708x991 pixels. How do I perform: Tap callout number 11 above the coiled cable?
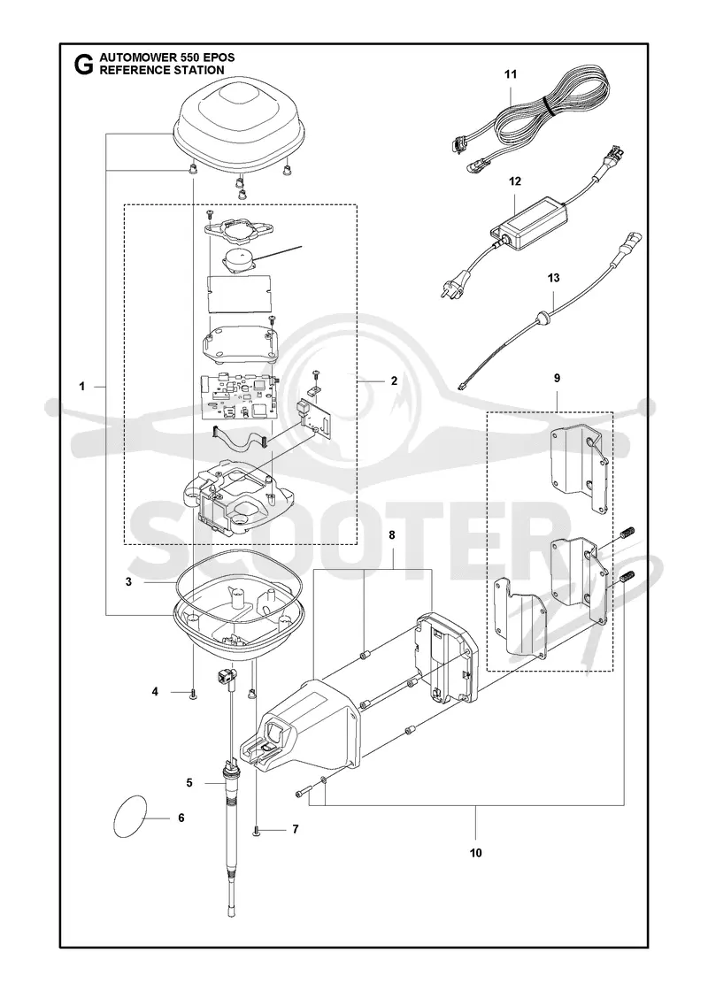511,74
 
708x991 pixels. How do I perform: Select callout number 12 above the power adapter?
515,182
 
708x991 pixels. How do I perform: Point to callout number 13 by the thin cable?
554,278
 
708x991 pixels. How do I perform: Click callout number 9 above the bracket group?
557,379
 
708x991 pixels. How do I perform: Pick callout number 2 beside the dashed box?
394,380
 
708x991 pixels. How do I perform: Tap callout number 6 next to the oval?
181,818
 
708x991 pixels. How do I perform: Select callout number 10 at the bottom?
476,853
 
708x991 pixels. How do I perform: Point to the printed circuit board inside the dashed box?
238,398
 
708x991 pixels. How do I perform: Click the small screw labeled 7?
256,830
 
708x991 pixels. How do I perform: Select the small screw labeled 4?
194,694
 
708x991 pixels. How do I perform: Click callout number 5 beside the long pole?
189,783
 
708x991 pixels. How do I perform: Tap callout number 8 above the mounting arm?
392,535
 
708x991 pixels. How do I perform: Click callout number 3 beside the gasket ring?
128,582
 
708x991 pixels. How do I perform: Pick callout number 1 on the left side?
82,387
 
